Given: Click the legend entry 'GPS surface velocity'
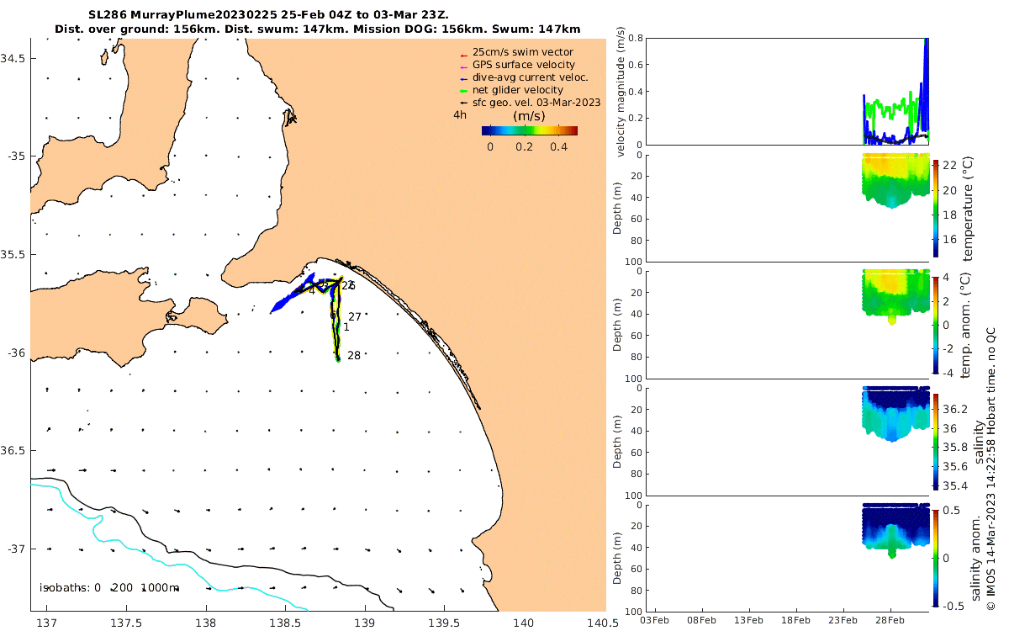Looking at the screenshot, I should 523,65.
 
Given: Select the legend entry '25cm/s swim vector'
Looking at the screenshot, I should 521,52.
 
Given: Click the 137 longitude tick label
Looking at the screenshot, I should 48,623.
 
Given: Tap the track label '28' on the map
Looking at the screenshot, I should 354,356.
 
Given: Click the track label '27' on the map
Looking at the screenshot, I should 354,317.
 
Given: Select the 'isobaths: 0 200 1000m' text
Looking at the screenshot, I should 109,587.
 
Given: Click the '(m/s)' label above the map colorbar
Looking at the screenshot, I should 529,116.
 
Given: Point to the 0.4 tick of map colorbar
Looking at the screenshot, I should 557,146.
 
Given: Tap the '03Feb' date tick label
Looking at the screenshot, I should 655,620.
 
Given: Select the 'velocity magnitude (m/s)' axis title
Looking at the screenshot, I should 621,91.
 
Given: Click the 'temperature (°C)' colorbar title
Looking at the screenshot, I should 968,208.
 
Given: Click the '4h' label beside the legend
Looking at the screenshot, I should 460,115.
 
